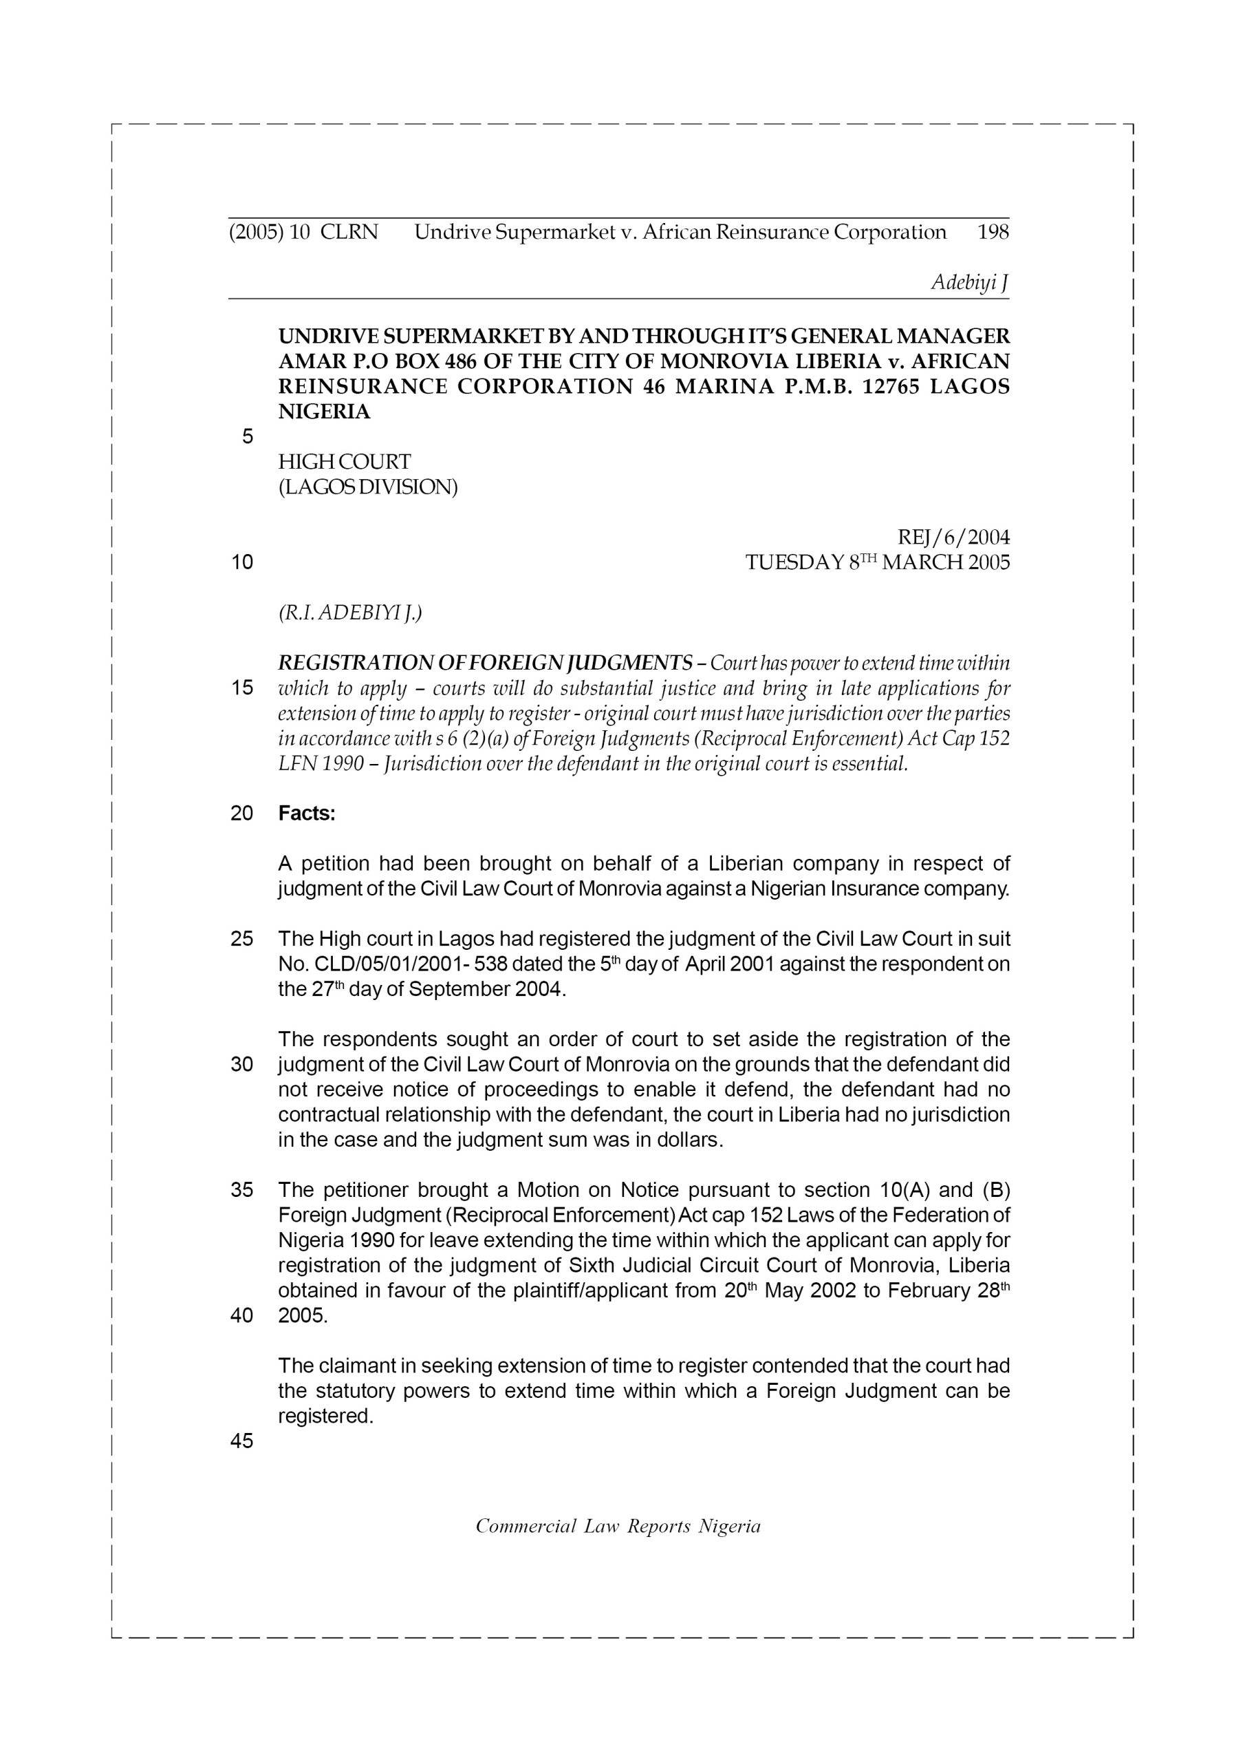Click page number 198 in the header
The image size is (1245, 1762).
[993, 233]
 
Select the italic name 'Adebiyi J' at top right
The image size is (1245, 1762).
[970, 282]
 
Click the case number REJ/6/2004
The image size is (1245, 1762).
[953, 536]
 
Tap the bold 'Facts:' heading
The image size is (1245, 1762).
[307, 814]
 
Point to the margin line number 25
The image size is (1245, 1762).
[241, 939]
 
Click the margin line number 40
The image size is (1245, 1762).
[241, 1315]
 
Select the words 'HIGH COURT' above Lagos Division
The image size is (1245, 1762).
[345, 462]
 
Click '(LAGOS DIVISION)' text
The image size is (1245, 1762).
[367, 487]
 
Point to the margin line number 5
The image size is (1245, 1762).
[247, 436]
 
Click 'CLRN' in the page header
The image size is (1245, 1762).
[349, 233]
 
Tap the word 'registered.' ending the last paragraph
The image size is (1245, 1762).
[325, 1416]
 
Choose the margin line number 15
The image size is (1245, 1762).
[241, 688]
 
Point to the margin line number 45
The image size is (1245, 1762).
[241, 1441]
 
